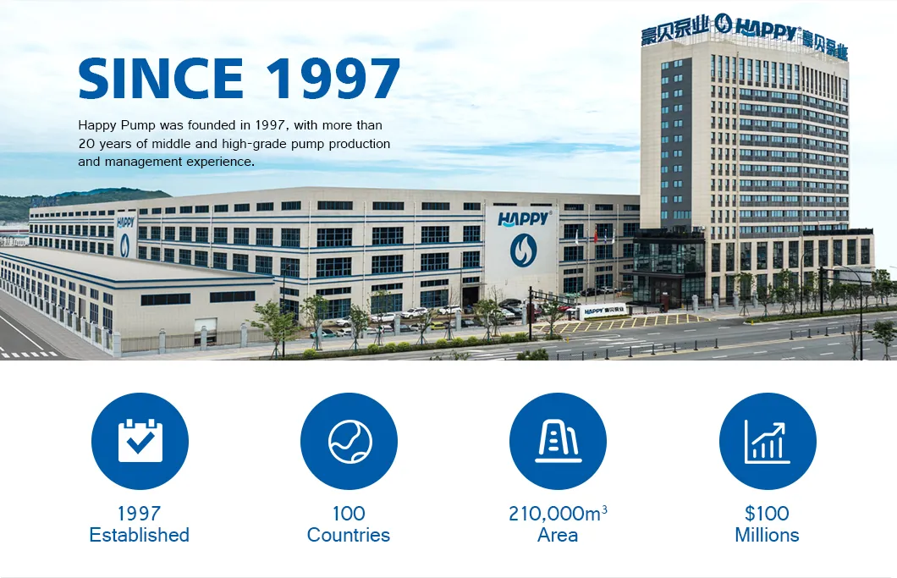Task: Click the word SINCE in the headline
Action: (x=161, y=78)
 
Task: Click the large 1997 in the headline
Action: (x=333, y=78)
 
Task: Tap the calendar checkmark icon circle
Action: (x=140, y=441)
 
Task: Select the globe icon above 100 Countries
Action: (x=349, y=441)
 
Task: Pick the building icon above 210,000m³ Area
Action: (x=558, y=441)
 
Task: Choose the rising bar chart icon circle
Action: (x=768, y=441)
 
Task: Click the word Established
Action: (x=139, y=535)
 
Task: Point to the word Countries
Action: (x=349, y=535)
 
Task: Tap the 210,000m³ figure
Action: (x=558, y=513)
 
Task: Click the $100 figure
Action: (x=768, y=513)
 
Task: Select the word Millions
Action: (x=768, y=535)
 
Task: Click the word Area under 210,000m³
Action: (x=558, y=535)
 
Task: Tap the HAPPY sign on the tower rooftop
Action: (x=766, y=28)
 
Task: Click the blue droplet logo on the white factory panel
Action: (x=523, y=250)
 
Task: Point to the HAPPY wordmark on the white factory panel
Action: (x=524, y=218)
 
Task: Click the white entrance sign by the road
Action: (x=603, y=311)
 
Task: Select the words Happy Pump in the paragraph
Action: (x=117, y=125)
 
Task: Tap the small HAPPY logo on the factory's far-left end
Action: (x=125, y=222)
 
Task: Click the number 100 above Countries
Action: (x=349, y=513)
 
